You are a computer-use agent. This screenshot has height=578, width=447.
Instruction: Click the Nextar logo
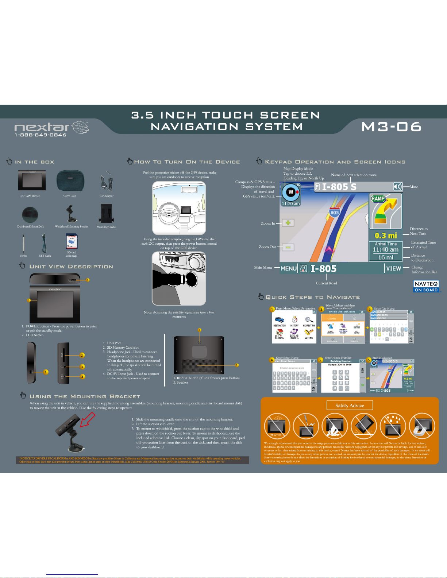click(51, 127)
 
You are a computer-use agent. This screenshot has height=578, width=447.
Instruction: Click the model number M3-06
click(391, 127)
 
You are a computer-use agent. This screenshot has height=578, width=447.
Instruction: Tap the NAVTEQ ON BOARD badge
click(426, 286)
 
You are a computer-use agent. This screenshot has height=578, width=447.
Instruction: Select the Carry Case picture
click(70, 181)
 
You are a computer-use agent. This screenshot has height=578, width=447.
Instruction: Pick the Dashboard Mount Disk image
click(30, 215)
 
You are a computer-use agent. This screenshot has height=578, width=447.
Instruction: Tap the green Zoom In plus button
click(288, 223)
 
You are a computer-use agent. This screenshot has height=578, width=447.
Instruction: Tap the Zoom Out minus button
click(288, 247)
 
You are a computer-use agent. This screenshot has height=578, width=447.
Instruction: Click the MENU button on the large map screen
click(289, 268)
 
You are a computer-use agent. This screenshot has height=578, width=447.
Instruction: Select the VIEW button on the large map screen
click(394, 268)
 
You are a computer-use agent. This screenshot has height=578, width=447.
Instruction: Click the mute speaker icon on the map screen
click(397, 187)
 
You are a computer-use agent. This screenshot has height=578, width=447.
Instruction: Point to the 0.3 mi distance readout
click(386, 236)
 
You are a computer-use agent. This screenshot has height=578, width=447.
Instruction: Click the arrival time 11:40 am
click(386, 250)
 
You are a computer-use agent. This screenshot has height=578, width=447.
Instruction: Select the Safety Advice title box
click(350, 406)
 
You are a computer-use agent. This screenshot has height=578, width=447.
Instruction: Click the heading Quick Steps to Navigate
click(312, 297)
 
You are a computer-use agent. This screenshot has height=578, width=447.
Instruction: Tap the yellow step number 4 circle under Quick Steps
click(272, 360)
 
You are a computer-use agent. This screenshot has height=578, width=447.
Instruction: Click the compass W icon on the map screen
click(290, 192)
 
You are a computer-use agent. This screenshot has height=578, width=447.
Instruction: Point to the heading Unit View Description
click(71, 267)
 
